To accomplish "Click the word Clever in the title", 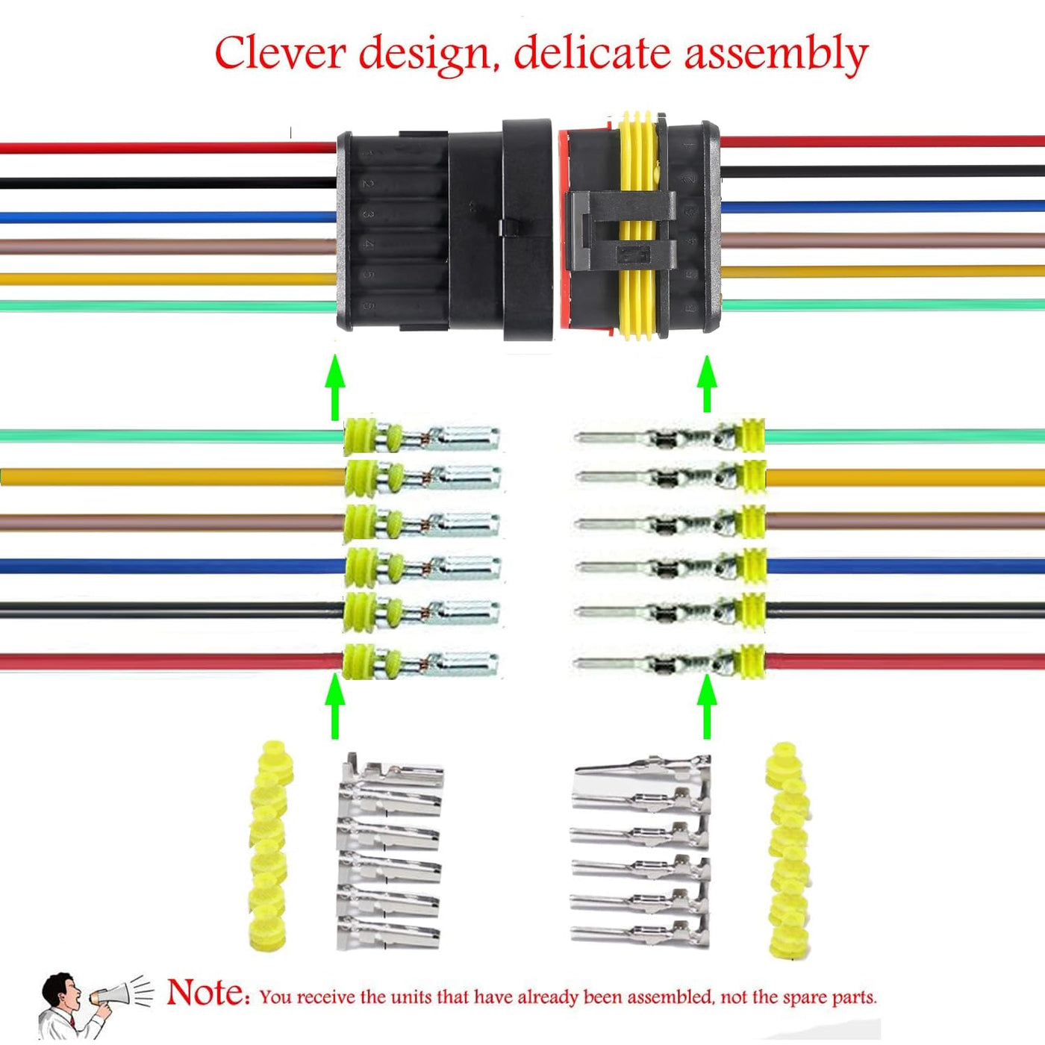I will click(x=280, y=54).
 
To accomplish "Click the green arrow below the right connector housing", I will click(x=706, y=384).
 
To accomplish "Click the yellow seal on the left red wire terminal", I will click(x=359, y=661).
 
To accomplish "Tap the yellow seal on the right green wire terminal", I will click(x=750, y=435).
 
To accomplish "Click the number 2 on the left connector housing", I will click(x=367, y=183).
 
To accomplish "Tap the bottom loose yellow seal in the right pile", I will click(x=788, y=943).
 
